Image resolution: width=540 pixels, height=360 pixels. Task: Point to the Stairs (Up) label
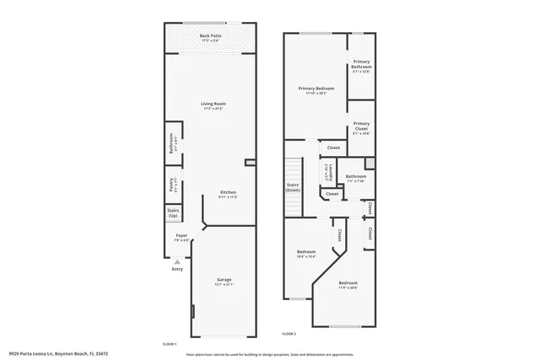[173, 212]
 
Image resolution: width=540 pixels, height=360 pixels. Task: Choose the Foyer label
[181, 236]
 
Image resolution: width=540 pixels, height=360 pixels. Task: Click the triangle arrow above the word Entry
[177, 262]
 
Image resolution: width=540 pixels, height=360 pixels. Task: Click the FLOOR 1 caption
[170, 344]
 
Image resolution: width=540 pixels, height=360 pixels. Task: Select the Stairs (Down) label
[293, 188]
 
